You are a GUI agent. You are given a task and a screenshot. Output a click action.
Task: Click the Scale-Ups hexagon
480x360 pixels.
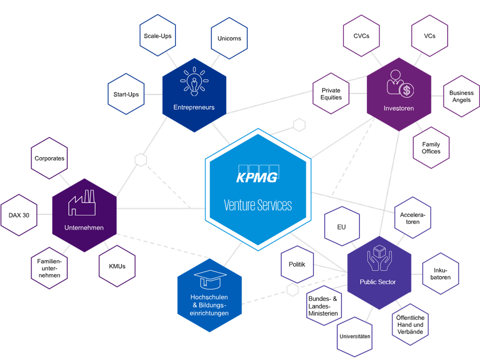point(157,36)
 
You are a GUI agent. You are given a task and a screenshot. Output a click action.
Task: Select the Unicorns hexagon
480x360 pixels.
point(229,38)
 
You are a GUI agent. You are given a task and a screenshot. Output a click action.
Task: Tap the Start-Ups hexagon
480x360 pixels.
point(126,94)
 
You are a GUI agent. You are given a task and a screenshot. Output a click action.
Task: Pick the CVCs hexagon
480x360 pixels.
point(361,36)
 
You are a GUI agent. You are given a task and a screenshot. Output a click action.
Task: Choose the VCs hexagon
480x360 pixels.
point(429,36)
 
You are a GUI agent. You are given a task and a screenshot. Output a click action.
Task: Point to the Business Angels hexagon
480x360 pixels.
point(461,96)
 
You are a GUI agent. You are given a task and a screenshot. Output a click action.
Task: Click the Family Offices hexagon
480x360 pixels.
point(431,148)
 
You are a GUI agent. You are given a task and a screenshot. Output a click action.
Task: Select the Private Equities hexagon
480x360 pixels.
point(331,94)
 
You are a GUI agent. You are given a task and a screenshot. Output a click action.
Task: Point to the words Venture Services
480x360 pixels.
point(258,205)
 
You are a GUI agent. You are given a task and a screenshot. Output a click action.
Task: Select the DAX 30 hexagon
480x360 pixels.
point(19,215)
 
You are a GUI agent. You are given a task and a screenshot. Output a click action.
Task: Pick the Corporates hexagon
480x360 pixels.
point(49,158)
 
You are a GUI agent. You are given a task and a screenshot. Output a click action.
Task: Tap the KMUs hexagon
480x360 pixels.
point(117,266)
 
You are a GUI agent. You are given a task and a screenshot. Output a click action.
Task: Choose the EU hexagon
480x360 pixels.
point(341,227)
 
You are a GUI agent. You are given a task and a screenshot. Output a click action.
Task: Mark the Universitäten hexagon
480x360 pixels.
point(354,336)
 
